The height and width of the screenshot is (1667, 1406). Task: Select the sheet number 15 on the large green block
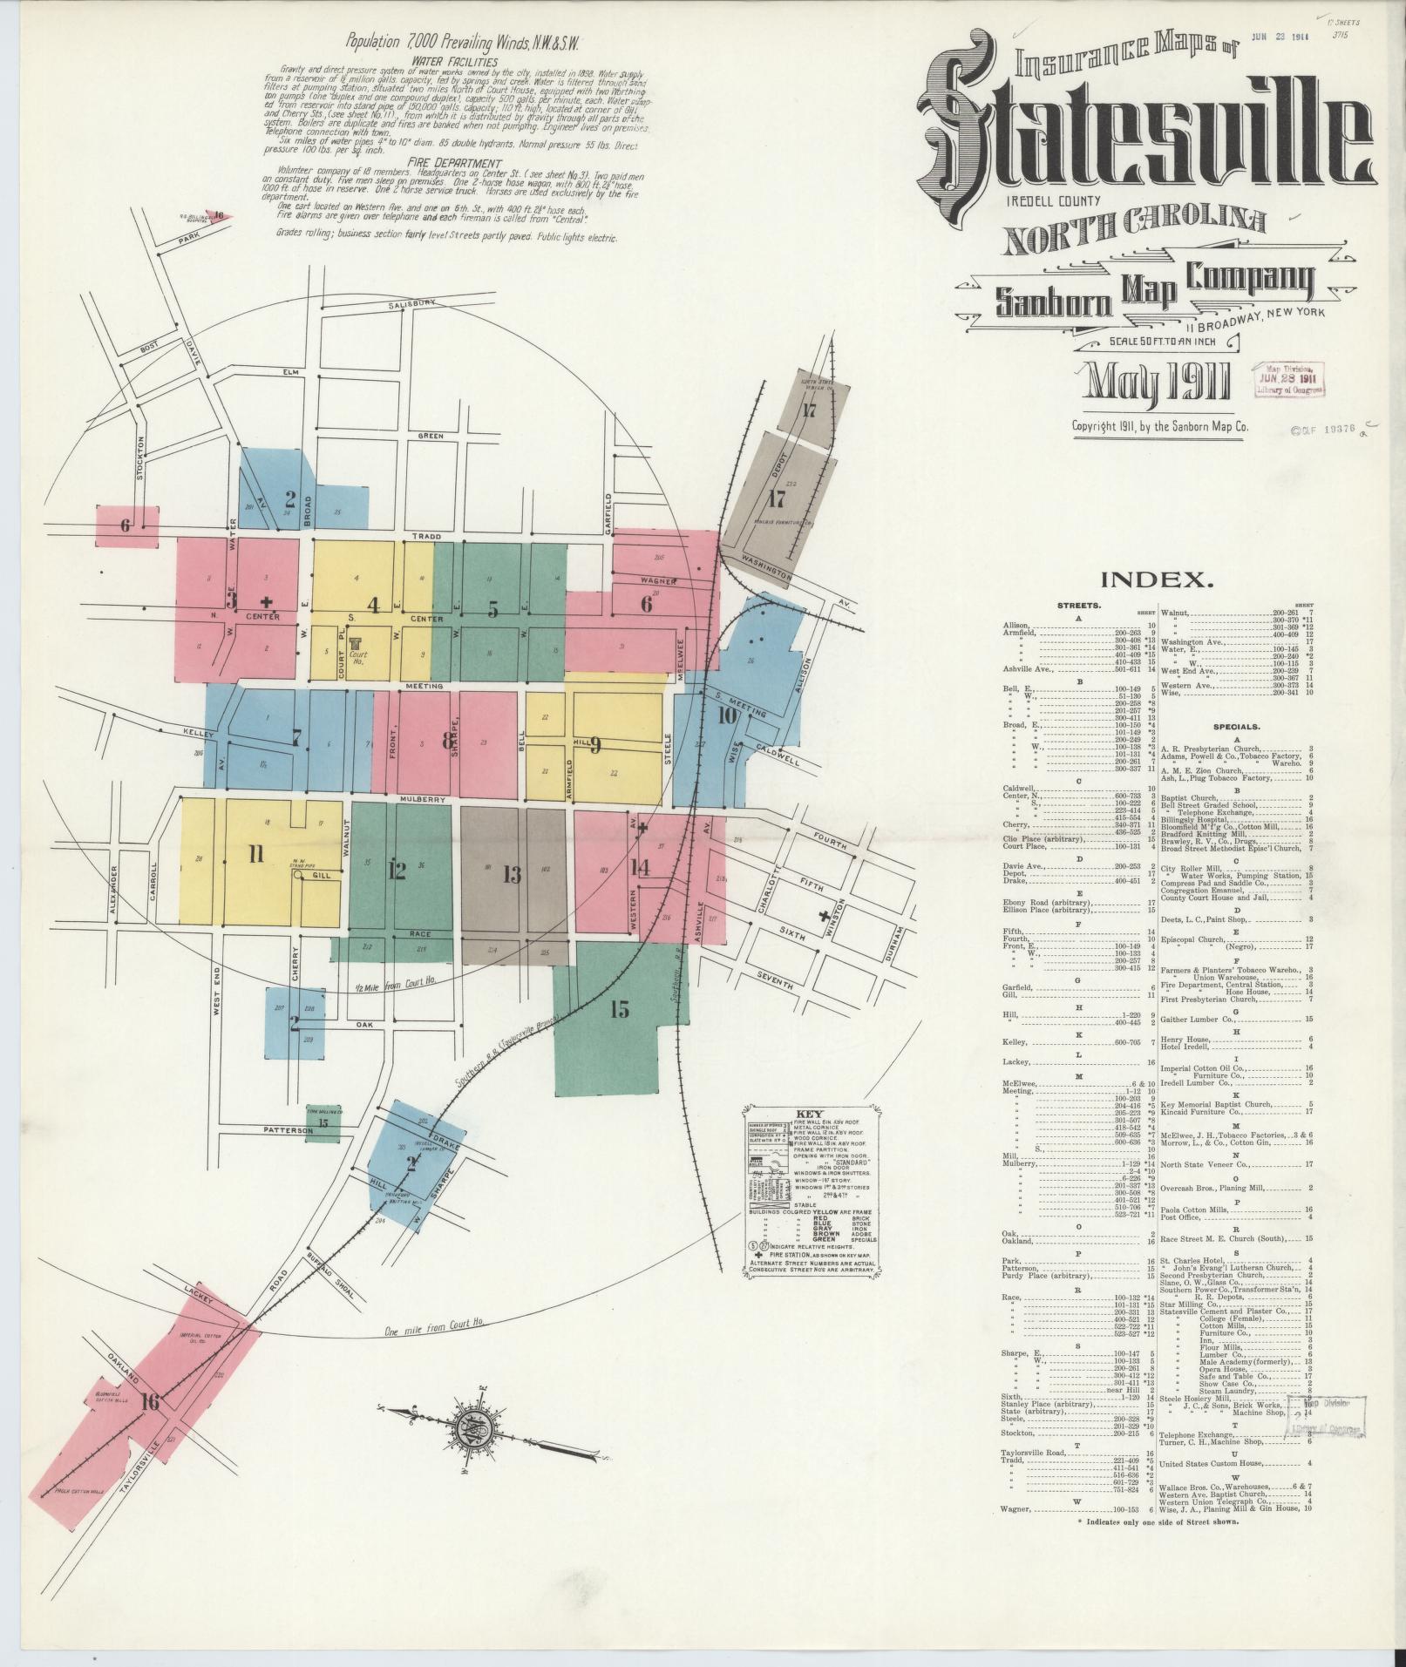pyautogui.click(x=620, y=1010)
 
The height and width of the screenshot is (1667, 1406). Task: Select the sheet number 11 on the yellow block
pyautogui.click(x=255, y=854)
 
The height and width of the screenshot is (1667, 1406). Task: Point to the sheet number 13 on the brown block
pyautogui.click(x=511, y=874)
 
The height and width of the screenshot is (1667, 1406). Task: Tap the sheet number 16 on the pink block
pyautogui.click(x=152, y=1401)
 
